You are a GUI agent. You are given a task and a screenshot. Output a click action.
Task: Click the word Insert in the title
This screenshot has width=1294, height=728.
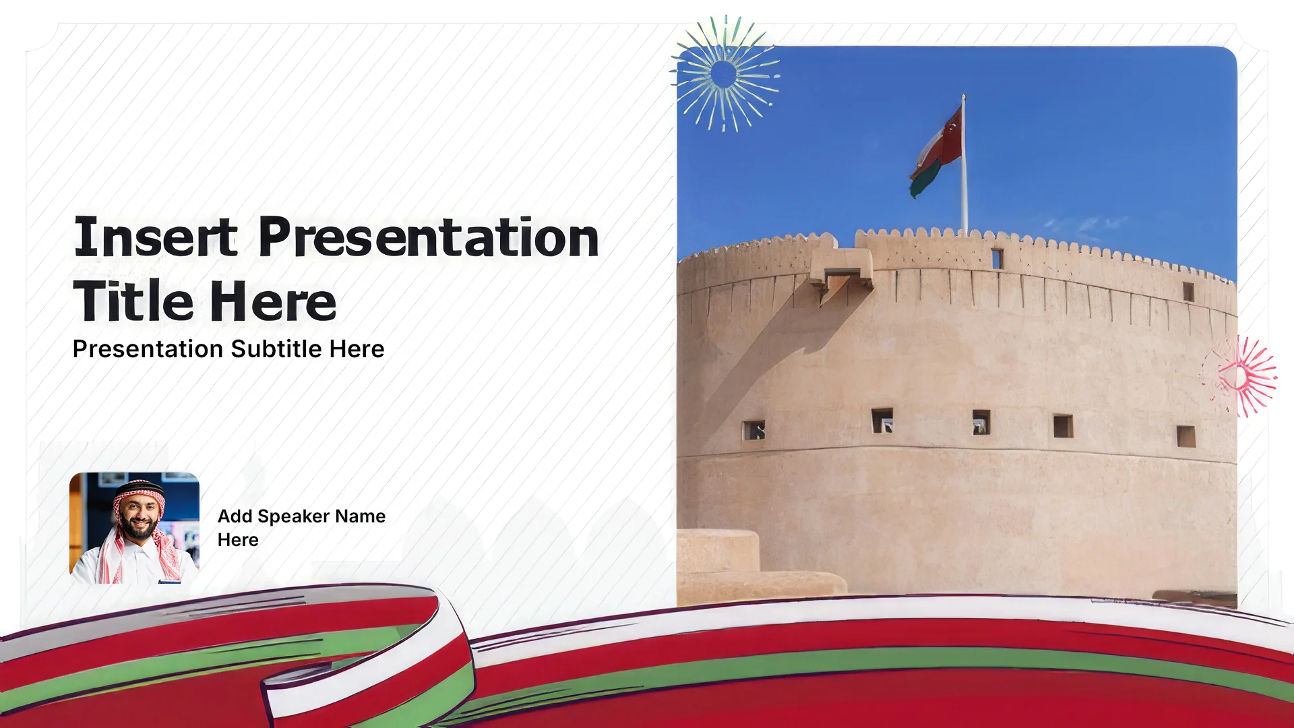(156, 237)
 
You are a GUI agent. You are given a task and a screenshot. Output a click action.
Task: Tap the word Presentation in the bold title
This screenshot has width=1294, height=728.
(429, 237)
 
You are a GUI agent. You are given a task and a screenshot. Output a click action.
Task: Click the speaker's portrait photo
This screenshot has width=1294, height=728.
(134, 528)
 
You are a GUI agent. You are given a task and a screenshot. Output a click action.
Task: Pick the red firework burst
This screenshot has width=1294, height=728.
(1239, 376)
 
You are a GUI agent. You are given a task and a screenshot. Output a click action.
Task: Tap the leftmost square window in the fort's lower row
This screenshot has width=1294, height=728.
(753, 430)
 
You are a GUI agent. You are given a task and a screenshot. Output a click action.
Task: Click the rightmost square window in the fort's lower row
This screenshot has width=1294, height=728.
(1186, 436)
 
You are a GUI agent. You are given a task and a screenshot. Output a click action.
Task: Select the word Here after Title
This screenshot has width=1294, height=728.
(273, 301)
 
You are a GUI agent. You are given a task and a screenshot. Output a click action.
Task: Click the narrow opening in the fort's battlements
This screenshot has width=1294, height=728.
(997, 259)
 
